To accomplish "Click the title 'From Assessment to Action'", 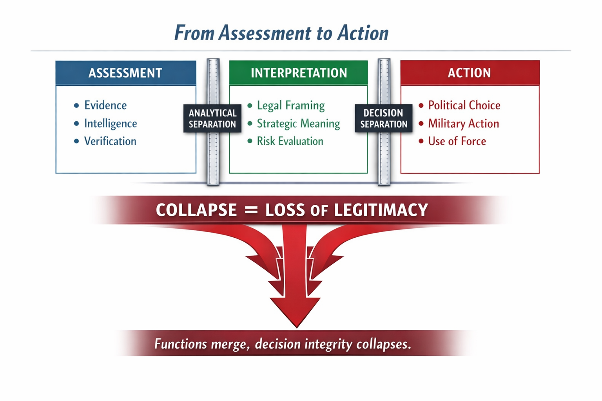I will (x=281, y=33).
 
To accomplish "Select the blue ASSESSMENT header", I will (x=125, y=73).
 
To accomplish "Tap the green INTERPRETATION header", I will (x=299, y=73).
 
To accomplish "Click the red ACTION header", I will (x=469, y=73).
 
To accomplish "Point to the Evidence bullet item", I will (x=105, y=105).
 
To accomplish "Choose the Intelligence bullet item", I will (x=110, y=123).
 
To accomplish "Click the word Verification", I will (x=110, y=141).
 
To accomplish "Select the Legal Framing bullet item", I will (x=290, y=105).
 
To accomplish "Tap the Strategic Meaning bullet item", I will (x=298, y=123).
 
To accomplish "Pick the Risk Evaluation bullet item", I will (x=290, y=141).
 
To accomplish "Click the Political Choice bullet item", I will (x=464, y=105).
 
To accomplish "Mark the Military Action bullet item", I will (x=463, y=123).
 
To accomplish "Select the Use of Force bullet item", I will (x=457, y=141).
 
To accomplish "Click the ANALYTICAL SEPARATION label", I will (x=212, y=118).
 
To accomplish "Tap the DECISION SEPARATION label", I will (x=383, y=118).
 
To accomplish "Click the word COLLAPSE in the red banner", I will (x=196, y=210).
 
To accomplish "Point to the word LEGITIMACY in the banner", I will (x=381, y=210).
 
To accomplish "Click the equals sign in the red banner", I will (x=251, y=210).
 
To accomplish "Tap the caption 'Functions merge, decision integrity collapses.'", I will (x=282, y=344).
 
